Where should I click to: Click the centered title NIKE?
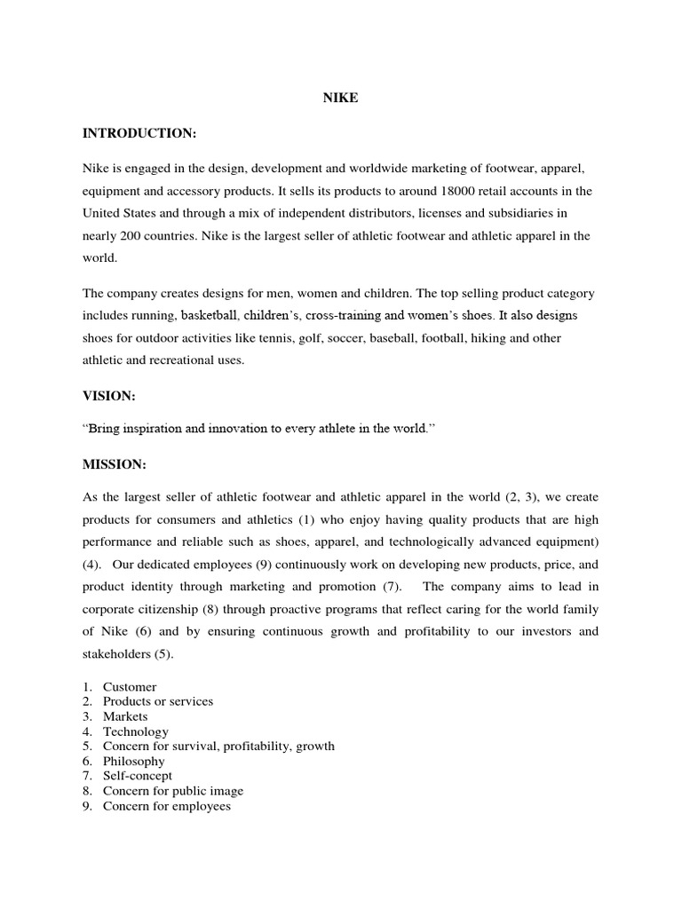tap(340, 99)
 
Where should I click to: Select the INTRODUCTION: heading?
tap(139, 133)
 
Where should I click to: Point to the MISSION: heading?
tap(115, 463)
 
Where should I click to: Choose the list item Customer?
tap(130, 687)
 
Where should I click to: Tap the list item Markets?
tap(125, 716)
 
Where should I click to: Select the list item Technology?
tap(135, 731)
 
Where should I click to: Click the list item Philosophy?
tap(133, 761)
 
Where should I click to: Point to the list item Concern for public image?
tap(172, 791)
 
